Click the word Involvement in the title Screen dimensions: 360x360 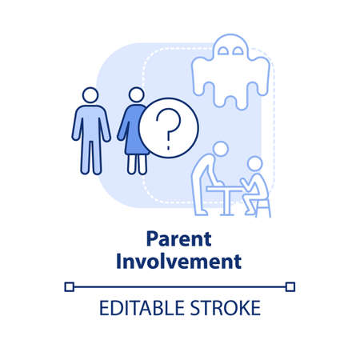[x=179, y=260]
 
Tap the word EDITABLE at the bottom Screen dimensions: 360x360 [x=135, y=309]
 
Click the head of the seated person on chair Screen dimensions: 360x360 [x=255, y=164]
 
